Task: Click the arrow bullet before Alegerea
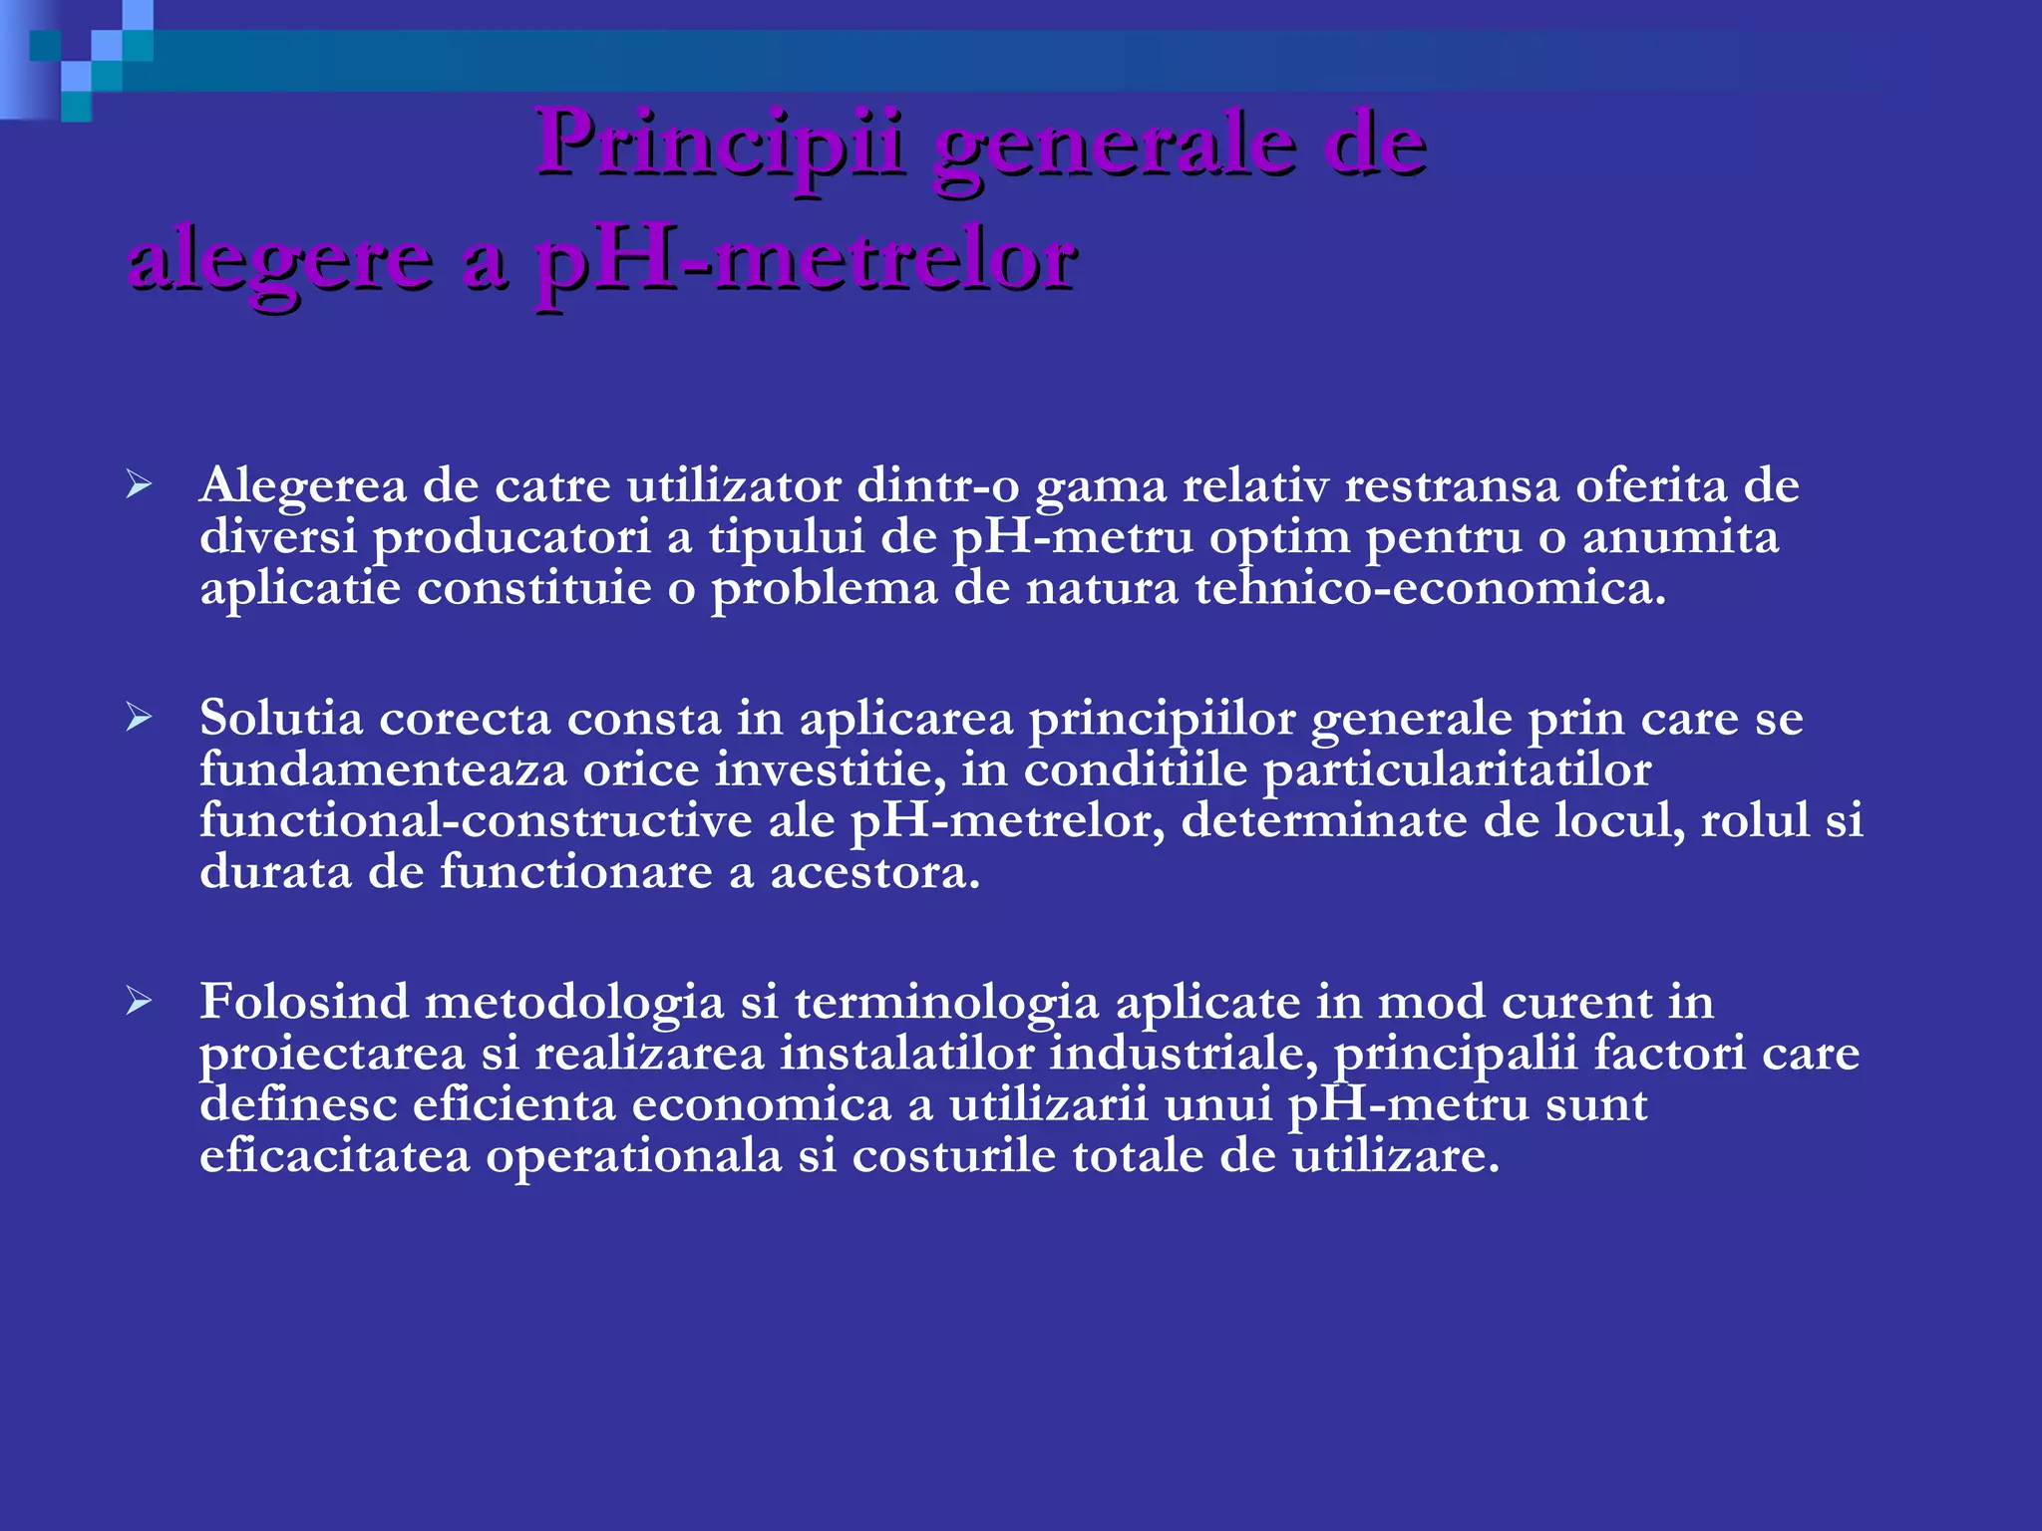coord(139,486)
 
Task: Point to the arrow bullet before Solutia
coord(139,718)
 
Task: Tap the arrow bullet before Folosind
coord(139,1002)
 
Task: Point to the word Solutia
coord(281,718)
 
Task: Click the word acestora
coord(874,873)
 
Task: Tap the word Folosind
coord(304,1002)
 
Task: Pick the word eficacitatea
coord(334,1157)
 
